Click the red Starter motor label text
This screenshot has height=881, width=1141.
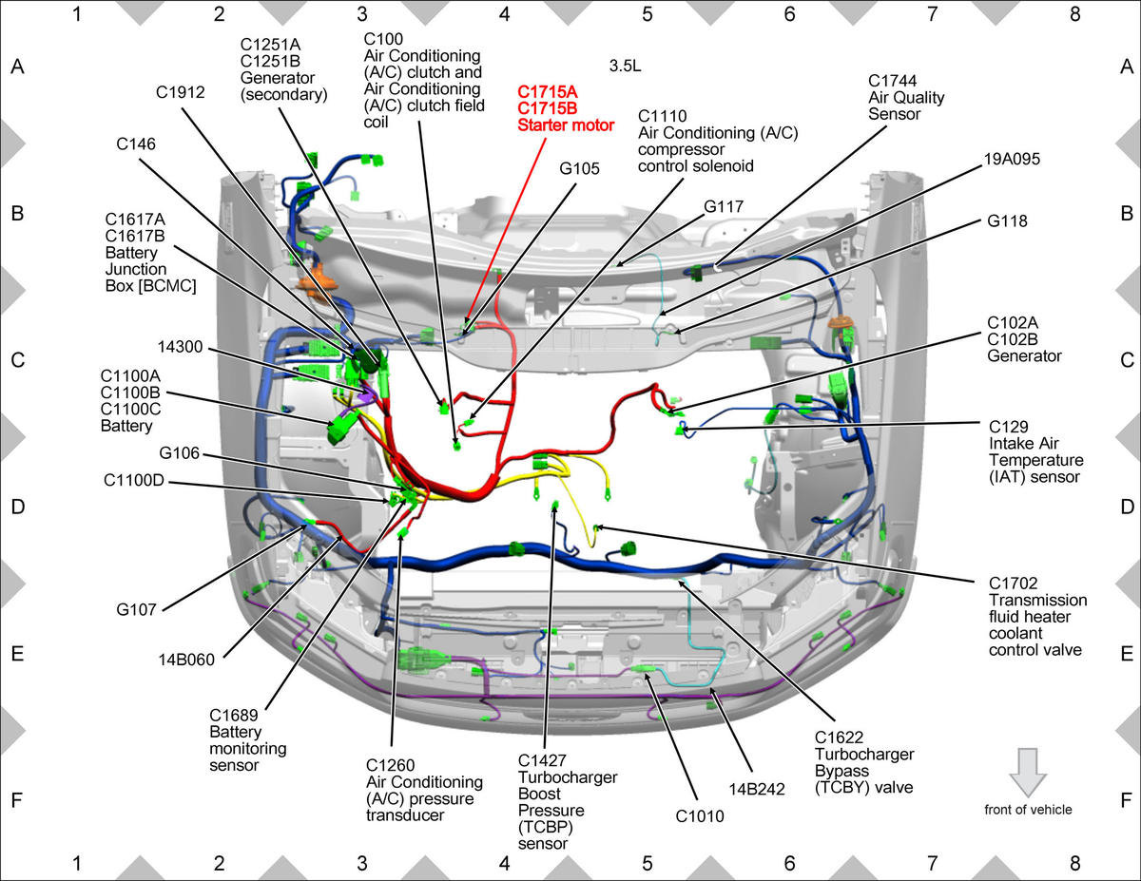pyautogui.click(x=566, y=125)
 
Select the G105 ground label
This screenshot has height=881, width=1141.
pyautogui.click(x=579, y=168)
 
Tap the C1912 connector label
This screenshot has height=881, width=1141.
pyautogui.click(x=180, y=92)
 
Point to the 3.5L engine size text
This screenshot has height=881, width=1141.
pyautogui.click(x=625, y=67)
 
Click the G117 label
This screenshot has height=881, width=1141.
pyautogui.click(x=724, y=207)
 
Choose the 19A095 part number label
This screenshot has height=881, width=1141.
pyautogui.click(x=1012, y=159)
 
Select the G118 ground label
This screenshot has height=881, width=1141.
pyautogui.click(x=1007, y=220)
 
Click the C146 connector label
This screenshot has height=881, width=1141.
pyautogui.click(x=135, y=144)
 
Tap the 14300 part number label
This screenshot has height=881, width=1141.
pyautogui.click(x=180, y=347)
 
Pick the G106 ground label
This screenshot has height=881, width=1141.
pyautogui.click(x=179, y=452)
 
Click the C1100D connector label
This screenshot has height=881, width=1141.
pyautogui.click(x=134, y=480)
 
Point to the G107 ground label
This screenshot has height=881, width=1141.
pyautogui.click(x=136, y=610)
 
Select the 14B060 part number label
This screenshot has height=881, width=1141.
pyautogui.click(x=186, y=660)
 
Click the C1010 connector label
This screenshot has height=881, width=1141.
pyautogui.click(x=700, y=816)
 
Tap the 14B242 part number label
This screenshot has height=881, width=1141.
pyautogui.click(x=757, y=789)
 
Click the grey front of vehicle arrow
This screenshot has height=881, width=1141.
pyautogui.click(x=1028, y=773)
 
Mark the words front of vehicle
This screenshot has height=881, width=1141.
pyautogui.click(x=1028, y=810)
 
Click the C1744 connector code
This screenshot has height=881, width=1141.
pyautogui.click(x=892, y=81)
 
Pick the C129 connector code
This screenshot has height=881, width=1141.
pyautogui.click(x=1008, y=427)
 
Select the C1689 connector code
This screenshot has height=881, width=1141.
pyautogui.click(x=234, y=716)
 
